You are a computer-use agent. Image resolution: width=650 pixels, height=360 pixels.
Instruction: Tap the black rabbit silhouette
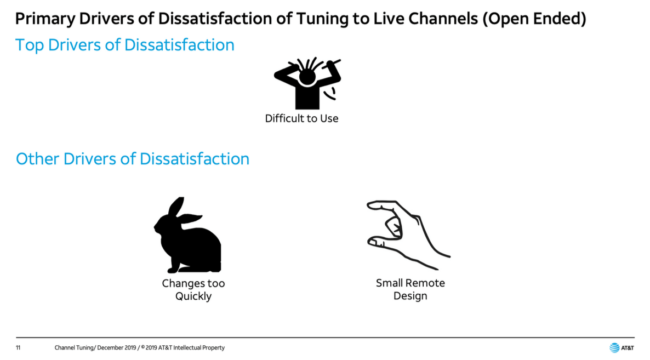(x=188, y=235)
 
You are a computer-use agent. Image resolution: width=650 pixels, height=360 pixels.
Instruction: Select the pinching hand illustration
(x=408, y=235)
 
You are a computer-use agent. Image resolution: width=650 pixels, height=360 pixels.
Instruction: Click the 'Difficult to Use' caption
(x=302, y=118)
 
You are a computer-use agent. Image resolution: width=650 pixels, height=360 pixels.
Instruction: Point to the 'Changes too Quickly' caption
(x=193, y=289)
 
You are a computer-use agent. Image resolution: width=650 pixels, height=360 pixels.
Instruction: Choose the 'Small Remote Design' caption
(x=410, y=289)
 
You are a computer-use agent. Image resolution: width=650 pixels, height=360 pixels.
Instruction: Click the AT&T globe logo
(x=614, y=347)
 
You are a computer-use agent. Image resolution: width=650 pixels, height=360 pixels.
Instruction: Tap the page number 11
(x=18, y=347)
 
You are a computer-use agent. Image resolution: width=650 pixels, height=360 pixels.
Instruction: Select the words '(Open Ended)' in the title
(x=534, y=19)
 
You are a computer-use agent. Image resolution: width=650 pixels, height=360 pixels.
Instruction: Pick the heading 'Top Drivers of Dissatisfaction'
(x=125, y=45)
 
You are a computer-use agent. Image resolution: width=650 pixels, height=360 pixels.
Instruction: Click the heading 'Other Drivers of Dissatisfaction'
(x=133, y=159)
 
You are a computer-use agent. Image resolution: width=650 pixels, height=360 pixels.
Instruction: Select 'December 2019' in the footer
(x=117, y=347)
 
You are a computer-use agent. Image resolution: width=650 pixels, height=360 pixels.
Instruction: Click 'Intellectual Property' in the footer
(x=199, y=347)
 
